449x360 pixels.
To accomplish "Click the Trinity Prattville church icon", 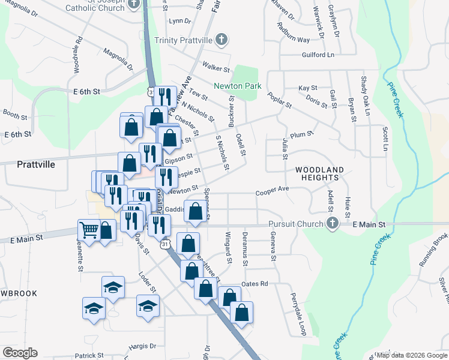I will click(221, 40).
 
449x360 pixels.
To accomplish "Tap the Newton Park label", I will click(237, 86).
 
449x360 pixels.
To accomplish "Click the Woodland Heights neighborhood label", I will click(320, 174).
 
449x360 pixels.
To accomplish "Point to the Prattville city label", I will click(37, 163).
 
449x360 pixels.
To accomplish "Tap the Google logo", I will click(20, 353).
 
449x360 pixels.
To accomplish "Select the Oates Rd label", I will click(254, 284).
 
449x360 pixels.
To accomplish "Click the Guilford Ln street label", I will click(318, 55).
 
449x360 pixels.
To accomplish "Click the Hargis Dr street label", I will click(142, 346).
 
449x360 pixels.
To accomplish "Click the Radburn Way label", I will click(294, 33).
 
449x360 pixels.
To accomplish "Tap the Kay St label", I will click(308, 88).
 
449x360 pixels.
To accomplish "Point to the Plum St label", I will click(298, 136).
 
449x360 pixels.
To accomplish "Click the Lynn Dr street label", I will click(179, 21).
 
